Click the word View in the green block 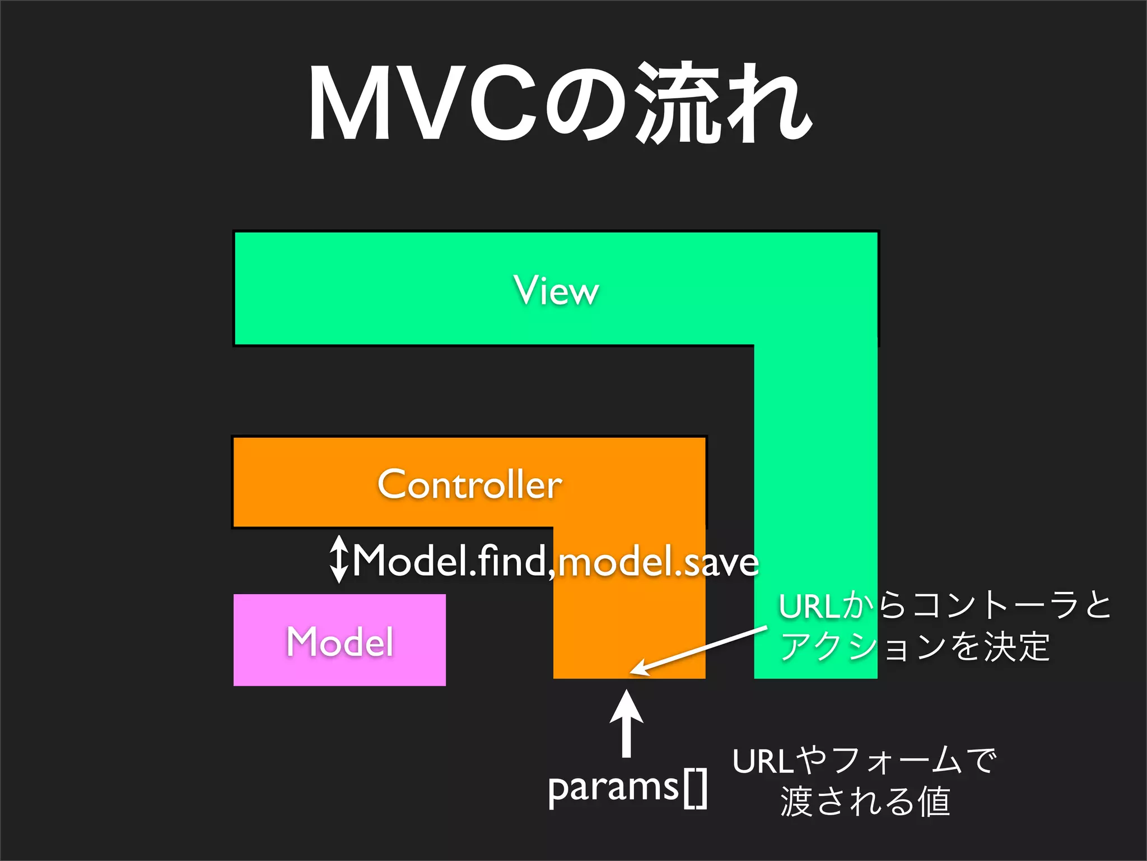pyautogui.click(x=556, y=290)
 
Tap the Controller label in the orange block pyautogui.click(x=469, y=484)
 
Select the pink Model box pyautogui.click(x=339, y=640)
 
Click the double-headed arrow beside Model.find pyautogui.click(x=338, y=559)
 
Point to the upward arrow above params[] pyautogui.click(x=626, y=723)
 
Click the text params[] pyautogui.click(x=627, y=788)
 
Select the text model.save pyautogui.click(x=659, y=562)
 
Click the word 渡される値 pyautogui.click(x=865, y=802)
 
